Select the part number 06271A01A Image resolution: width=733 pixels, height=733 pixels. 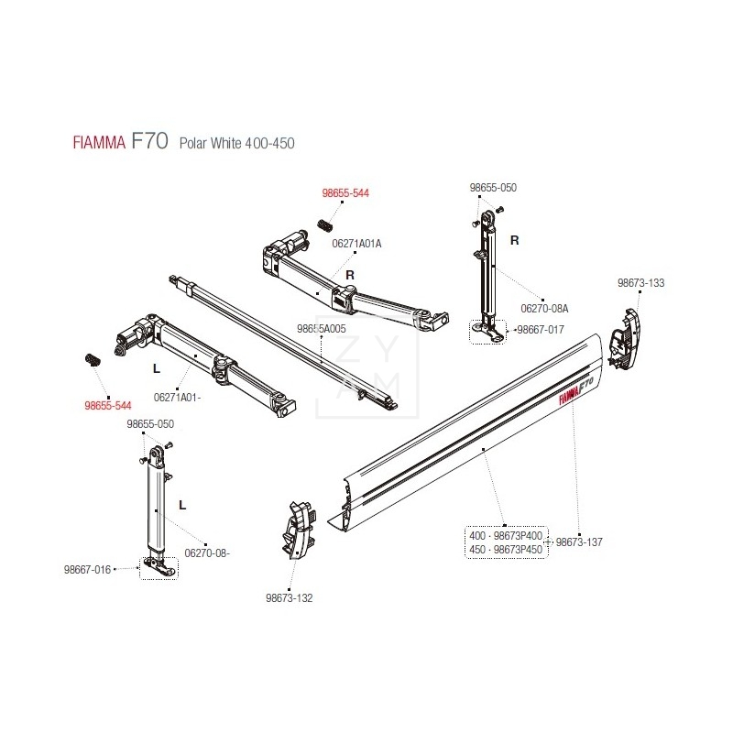click(x=356, y=244)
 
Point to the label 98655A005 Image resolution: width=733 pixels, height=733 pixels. click(x=322, y=327)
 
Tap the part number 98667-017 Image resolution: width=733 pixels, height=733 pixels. click(x=542, y=329)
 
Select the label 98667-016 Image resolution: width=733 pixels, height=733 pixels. click(x=87, y=569)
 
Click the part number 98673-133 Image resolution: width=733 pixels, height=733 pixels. click(x=640, y=284)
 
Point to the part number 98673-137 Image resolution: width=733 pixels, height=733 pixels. click(x=579, y=542)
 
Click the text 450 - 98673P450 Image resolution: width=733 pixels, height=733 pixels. click(x=506, y=549)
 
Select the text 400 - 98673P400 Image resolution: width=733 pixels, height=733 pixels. click(x=506, y=535)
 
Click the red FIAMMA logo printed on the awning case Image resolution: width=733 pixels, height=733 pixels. click(x=575, y=388)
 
